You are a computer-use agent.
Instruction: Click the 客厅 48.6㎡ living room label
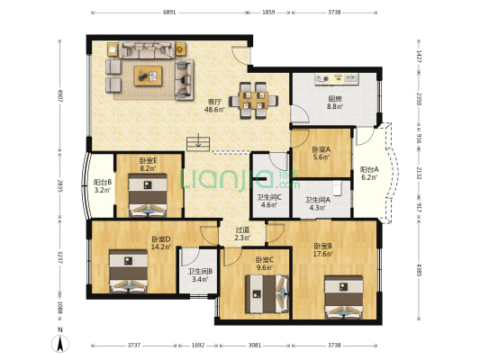pos(215,105)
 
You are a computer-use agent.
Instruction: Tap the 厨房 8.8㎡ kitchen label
pos(333,103)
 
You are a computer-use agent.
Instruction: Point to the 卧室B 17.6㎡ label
pos(324,250)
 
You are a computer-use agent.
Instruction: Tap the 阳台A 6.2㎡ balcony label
pos(369,174)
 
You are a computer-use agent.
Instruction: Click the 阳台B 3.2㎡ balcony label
pos(103,186)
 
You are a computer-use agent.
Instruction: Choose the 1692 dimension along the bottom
pos(198,345)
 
